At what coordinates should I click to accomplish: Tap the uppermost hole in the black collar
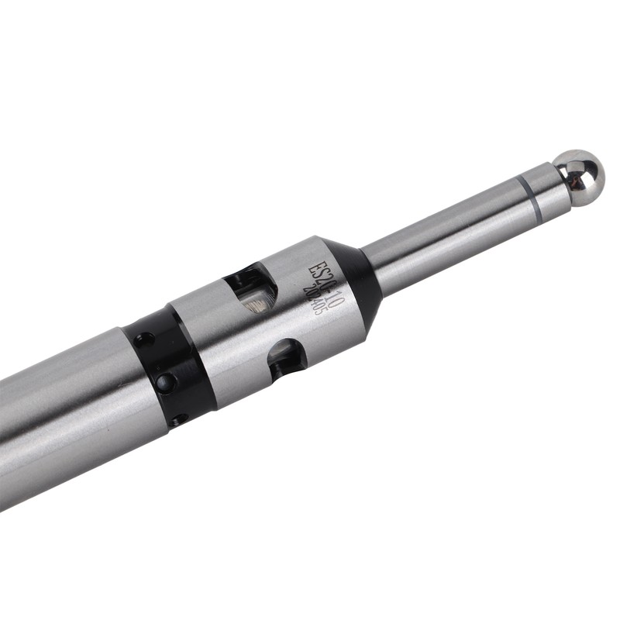[143, 339]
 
